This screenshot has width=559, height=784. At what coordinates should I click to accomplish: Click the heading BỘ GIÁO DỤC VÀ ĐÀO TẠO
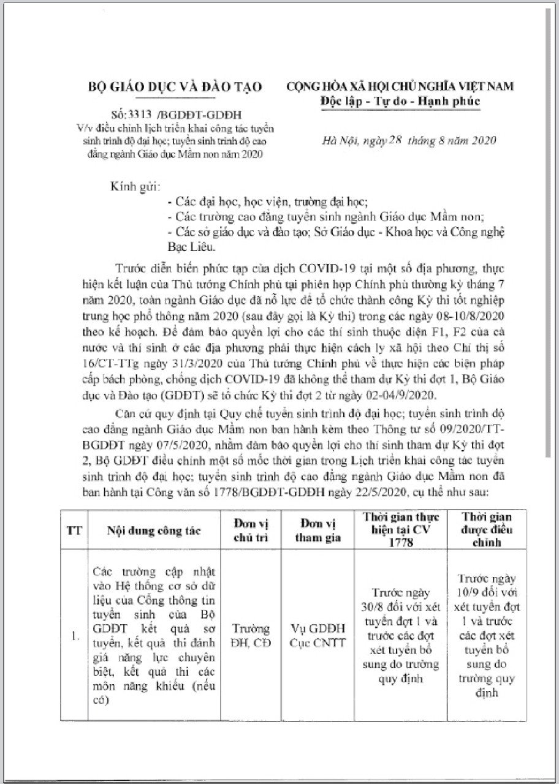pos(173,87)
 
